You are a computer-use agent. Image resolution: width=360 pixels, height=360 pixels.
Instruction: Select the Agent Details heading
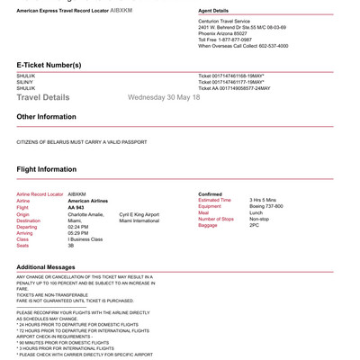pyautogui.click(x=215, y=12)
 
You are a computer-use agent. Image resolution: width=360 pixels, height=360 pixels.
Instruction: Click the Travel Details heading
pyautogui.click(x=42, y=97)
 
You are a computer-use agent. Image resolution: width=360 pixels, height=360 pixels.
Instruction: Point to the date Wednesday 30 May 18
pyautogui.click(x=164, y=96)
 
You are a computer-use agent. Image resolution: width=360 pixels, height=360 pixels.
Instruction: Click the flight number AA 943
pyautogui.click(x=76, y=207)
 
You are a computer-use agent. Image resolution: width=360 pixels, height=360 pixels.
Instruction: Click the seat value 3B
pyautogui.click(x=71, y=246)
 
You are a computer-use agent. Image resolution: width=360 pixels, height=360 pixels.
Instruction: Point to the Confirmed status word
pyautogui.click(x=210, y=193)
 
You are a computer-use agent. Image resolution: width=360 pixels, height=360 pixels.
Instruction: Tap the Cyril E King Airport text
pyautogui.click(x=139, y=214)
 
